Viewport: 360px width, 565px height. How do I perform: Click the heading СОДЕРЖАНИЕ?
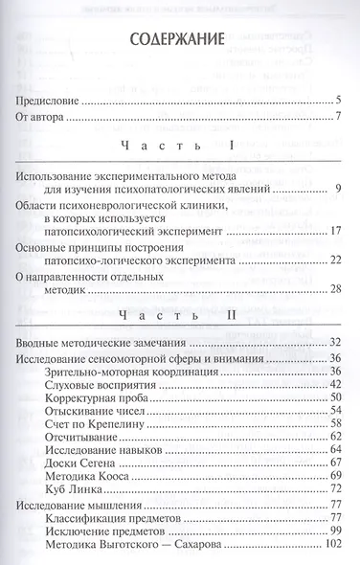180,43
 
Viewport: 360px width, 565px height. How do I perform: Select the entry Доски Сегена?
81,488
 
